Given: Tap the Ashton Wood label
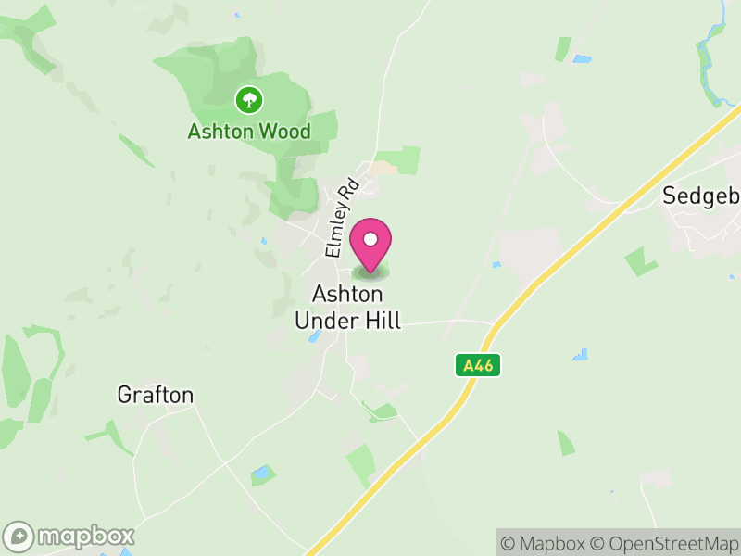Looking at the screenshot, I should pyautogui.click(x=249, y=132).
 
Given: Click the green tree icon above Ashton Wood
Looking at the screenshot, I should pyautogui.click(x=248, y=98).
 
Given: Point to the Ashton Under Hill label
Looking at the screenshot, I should pyautogui.click(x=348, y=308).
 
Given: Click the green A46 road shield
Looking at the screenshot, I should pyautogui.click(x=478, y=366).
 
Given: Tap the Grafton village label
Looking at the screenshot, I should pyautogui.click(x=156, y=396).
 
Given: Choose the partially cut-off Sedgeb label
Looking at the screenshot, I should pyautogui.click(x=701, y=196).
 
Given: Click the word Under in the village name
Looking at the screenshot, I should pyautogui.click(x=324, y=321).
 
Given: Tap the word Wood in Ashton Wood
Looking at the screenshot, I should pyautogui.click(x=284, y=132).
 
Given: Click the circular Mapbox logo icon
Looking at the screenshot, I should pyautogui.click(x=19, y=537).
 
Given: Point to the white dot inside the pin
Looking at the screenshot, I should pyautogui.click(x=370, y=238).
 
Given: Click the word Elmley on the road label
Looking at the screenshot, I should pyautogui.click(x=335, y=233).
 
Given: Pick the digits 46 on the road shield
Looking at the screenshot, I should pyautogui.click(x=483, y=366).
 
